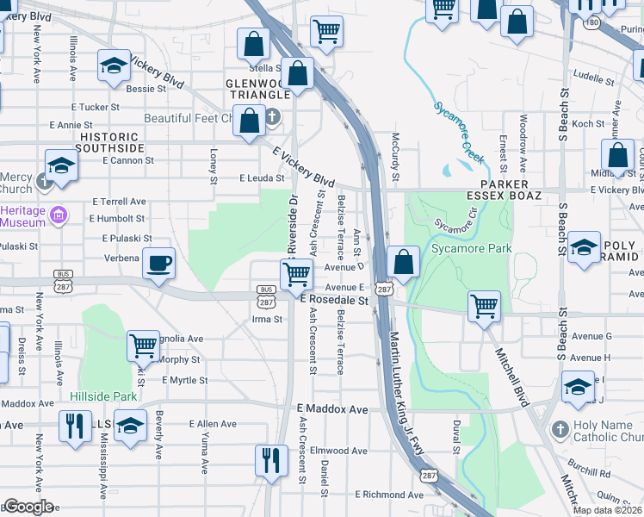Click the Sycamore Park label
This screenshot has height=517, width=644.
(471, 249)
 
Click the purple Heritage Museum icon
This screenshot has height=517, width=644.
(58, 214)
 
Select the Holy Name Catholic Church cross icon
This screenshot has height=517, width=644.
(560, 427)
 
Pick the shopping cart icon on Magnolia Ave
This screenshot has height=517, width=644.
(143, 346)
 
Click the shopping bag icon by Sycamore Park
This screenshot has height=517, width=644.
(402, 260)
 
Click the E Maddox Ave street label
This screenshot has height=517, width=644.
(332, 408)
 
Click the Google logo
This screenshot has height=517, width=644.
(28, 507)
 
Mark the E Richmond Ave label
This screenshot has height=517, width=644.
(394, 495)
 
